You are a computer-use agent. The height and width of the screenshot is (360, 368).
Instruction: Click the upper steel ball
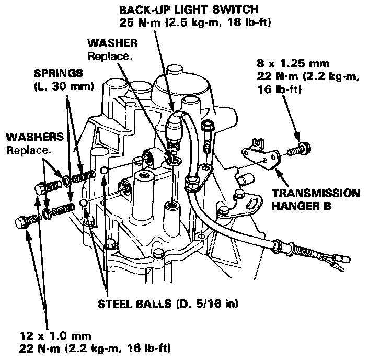tap(105, 171)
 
